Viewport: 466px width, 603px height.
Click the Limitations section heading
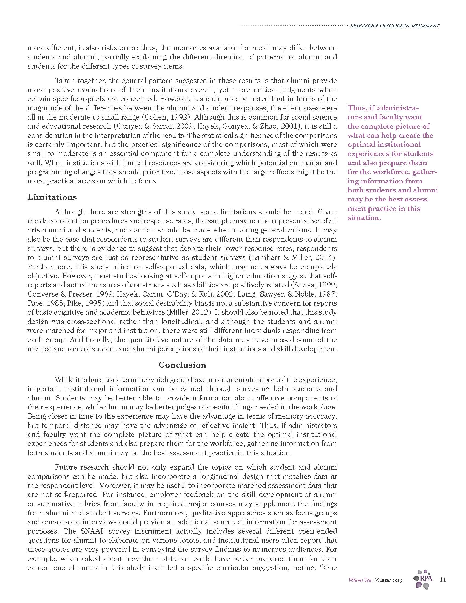coord(52,197)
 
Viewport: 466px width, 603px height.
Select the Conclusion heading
coord(182,365)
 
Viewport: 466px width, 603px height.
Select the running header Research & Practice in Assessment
coord(394,26)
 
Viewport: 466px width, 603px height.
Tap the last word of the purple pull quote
coord(364,218)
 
